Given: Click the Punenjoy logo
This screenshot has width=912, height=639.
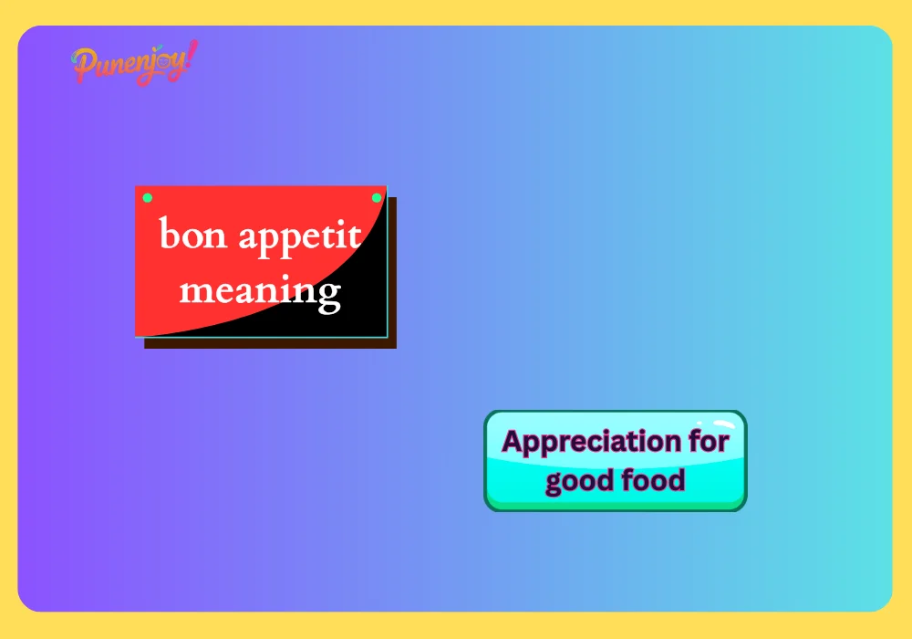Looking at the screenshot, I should [x=134, y=63].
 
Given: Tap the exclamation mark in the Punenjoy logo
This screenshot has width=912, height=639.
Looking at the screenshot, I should [x=190, y=58].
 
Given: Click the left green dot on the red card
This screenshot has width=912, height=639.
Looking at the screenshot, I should [x=148, y=198].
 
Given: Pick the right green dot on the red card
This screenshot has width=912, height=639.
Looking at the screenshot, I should [x=377, y=198].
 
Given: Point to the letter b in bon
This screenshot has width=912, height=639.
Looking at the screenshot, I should [x=169, y=233].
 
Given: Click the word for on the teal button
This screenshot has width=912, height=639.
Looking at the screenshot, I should [x=710, y=442].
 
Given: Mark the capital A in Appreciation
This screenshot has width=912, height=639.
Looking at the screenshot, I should [x=513, y=442].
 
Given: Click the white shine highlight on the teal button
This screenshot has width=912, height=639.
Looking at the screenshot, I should [x=722, y=424].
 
